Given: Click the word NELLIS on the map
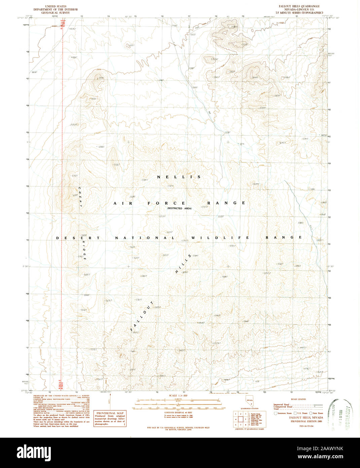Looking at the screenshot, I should pos(179,177).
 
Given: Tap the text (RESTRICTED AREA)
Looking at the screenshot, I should pos(179,208).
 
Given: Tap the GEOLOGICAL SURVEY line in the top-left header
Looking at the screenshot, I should pos(56,12).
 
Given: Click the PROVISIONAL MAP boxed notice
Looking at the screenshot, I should pos(110,419).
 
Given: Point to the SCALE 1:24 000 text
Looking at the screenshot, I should pos(177,395).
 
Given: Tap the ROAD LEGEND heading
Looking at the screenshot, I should pos(298,399).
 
